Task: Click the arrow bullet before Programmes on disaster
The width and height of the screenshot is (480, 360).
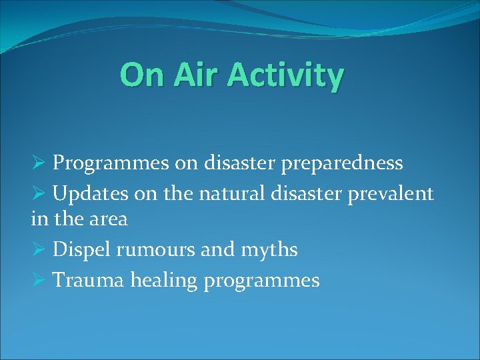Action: tap(38, 163)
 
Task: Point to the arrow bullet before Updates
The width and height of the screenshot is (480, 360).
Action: tap(38, 194)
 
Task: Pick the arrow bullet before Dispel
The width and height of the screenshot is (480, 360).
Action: tap(38, 251)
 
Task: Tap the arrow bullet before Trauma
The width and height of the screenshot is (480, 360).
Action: tap(38, 281)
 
